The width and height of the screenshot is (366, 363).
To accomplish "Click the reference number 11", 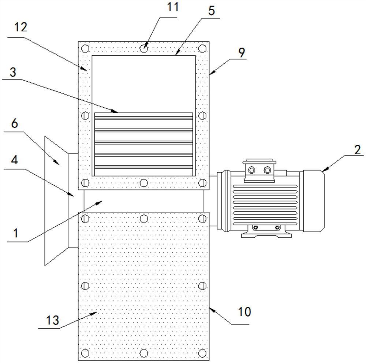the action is coord(172,7).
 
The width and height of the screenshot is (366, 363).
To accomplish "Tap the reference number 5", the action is coord(211,11).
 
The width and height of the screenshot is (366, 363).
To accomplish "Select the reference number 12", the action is coord(21,27).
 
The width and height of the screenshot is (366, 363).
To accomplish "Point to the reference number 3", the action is coord(13,72).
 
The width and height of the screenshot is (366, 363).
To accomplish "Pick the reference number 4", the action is coord(15,160).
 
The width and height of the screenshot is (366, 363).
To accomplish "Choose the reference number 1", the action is coord(16,233).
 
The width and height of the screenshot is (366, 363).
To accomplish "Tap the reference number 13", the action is coord(52,320).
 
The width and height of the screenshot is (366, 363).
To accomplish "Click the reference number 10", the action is coord(244,312).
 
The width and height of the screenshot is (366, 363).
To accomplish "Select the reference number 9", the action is coord(242,52).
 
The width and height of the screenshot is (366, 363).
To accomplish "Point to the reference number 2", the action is coord(358,150).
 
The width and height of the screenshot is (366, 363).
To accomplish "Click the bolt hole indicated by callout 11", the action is coord(144,49).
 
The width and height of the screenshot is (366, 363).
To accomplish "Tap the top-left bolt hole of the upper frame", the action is coord(85,49).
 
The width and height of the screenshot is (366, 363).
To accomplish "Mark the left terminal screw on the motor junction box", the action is coord(251,170).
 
